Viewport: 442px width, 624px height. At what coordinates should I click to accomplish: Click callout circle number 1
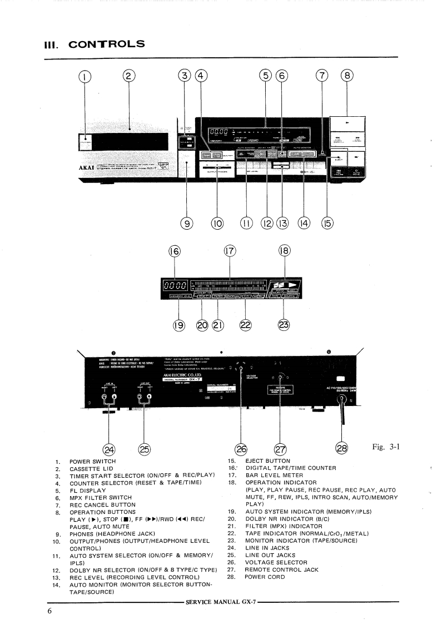tap(85, 76)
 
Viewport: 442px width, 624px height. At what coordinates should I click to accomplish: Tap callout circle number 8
tap(347, 76)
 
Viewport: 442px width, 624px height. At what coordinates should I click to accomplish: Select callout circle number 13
tap(284, 223)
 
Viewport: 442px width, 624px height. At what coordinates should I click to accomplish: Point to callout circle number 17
tap(230, 251)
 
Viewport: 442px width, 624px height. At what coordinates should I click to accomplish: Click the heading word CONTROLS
tap(106, 44)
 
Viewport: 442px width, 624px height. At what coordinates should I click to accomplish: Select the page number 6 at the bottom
tap(49, 612)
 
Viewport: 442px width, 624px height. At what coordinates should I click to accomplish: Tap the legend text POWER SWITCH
tap(92, 462)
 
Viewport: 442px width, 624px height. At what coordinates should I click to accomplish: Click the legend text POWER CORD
tap(265, 577)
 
